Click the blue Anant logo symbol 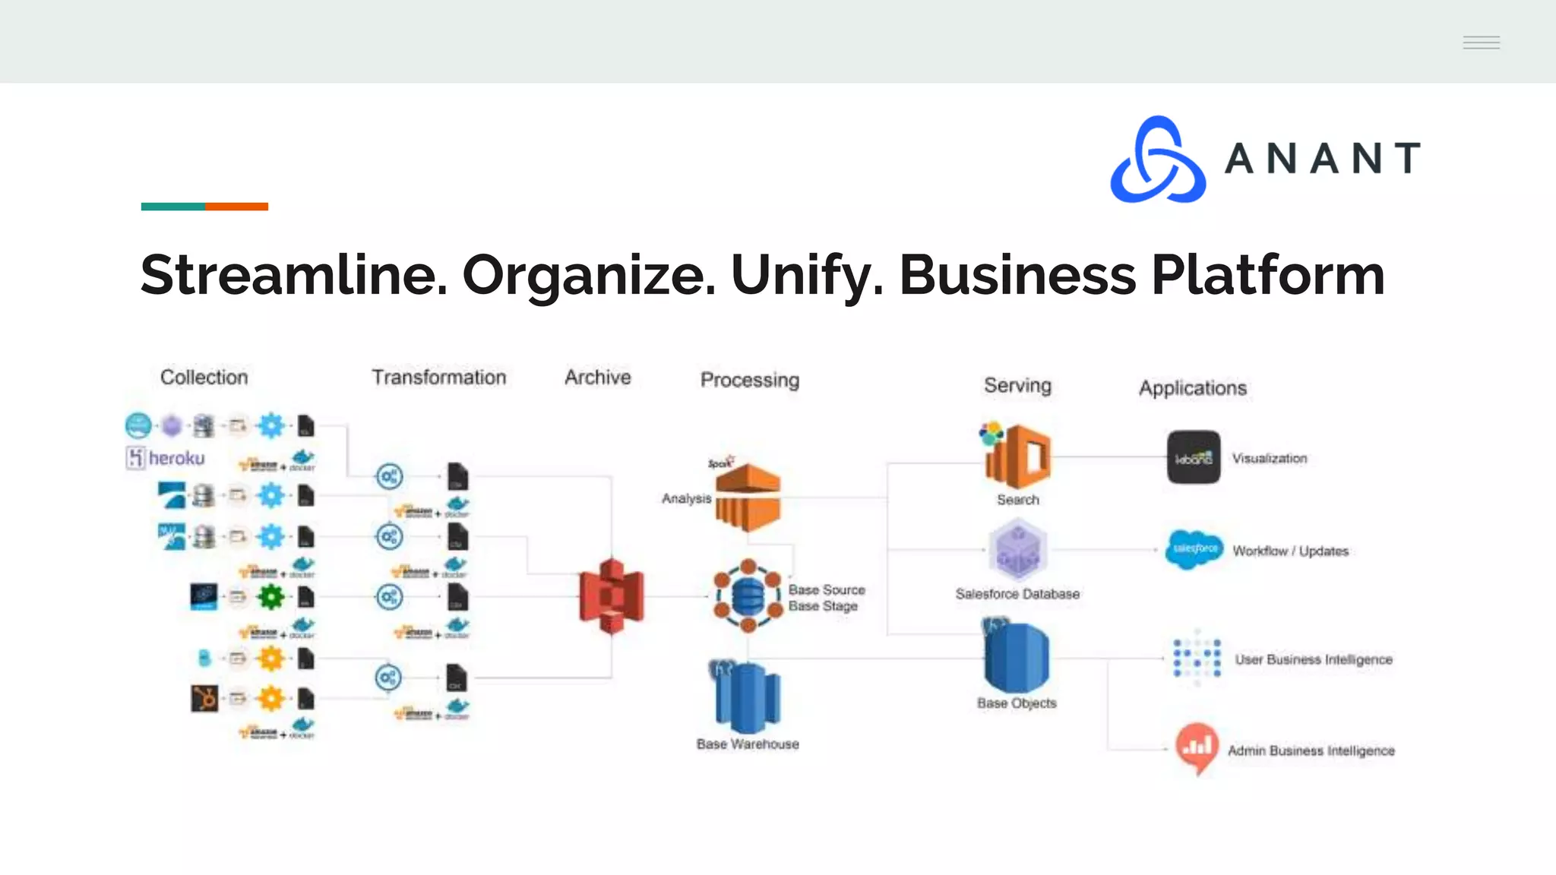(x=1158, y=160)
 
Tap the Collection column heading (x=204, y=377)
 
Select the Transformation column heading (x=438, y=377)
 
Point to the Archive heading (x=597, y=377)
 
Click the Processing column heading (x=749, y=380)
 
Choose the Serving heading (x=1017, y=385)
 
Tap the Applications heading (x=1192, y=388)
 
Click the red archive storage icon (x=611, y=595)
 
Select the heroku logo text (x=176, y=458)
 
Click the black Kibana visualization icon (x=1194, y=457)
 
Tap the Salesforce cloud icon (x=1194, y=549)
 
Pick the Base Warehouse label (x=748, y=744)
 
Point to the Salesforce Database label (x=1017, y=594)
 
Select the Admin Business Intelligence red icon (x=1197, y=747)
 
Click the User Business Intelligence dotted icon (x=1197, y=657)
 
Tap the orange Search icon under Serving (x=1018, y=457)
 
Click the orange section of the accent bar (x=236, y=207)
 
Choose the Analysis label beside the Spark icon (x=686, y=498)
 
